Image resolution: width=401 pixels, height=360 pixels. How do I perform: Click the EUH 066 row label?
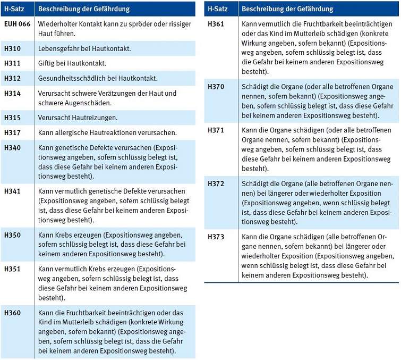(18, 24)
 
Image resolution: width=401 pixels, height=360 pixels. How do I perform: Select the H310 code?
(12, 48)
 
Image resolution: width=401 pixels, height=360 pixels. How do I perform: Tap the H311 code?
(12, 63)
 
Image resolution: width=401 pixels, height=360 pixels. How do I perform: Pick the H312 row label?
(12, 78)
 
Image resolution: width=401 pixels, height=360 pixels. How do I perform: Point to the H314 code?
(12, 93)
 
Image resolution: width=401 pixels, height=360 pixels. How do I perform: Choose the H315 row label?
(12, 118)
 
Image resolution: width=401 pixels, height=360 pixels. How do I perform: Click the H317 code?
(12, 132)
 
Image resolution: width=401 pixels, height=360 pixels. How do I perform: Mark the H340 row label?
(12, 147)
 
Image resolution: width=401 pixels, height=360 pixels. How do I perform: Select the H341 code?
(12, 191)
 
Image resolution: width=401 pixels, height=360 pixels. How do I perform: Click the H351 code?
(12, 269)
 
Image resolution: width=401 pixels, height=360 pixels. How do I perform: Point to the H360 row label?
(12, 313)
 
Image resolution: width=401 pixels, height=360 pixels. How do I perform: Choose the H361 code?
(216, 24)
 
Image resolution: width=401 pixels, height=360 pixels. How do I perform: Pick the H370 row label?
(216, 87)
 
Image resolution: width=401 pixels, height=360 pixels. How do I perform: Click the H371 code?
(216, 130)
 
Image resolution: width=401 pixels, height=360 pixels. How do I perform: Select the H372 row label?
(216, 183)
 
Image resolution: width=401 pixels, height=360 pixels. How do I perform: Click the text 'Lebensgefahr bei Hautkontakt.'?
(84, 48)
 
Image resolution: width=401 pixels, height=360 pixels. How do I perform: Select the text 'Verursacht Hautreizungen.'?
(78, 118)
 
